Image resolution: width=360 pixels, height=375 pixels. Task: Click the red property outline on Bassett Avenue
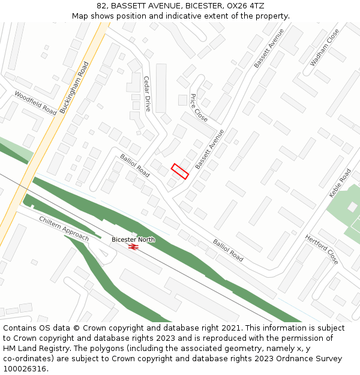180,171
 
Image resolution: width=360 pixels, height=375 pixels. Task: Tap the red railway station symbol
133,246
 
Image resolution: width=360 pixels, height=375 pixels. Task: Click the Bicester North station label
133,239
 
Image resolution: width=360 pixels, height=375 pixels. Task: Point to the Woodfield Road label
35,103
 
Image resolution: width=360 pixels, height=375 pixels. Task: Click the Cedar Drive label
148,94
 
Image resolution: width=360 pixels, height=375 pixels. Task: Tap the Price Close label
199,108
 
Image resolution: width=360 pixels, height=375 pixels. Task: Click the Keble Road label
340,184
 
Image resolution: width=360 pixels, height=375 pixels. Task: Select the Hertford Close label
322,250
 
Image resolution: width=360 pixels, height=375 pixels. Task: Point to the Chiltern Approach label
64,229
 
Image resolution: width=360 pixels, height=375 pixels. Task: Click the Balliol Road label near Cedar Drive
135,166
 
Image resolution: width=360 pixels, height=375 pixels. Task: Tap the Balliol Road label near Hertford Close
229,250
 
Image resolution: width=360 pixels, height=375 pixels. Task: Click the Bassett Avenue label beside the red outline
209,148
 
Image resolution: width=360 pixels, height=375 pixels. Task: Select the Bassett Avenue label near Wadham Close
269,47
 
